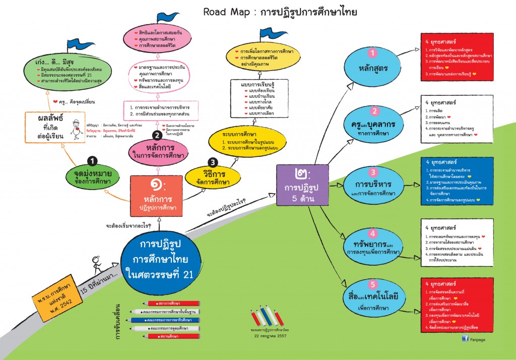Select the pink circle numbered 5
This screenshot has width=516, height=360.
[373, 283]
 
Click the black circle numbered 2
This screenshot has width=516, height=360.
[157, 135]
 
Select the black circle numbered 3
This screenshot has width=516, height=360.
[213, 162]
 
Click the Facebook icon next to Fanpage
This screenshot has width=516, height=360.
[465, 339]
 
